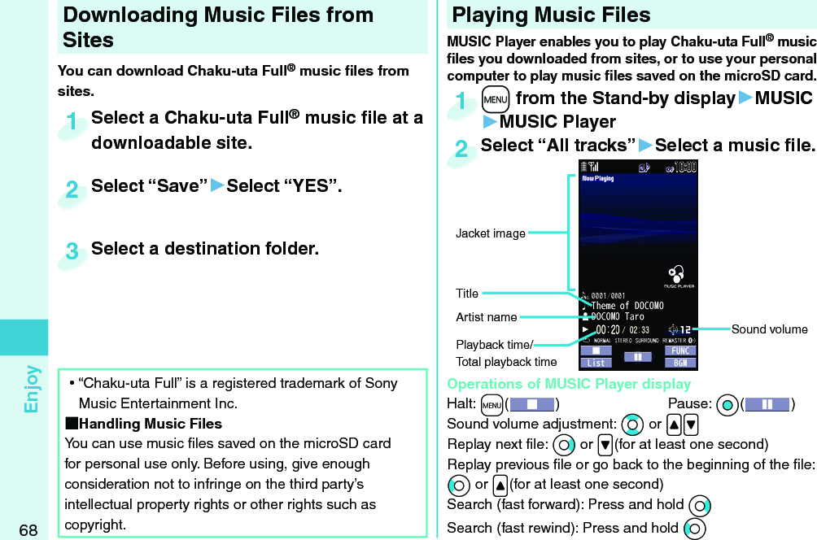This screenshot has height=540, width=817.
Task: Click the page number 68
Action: click(x=28, y=530)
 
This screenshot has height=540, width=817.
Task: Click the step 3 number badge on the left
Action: click(x=73, y=252)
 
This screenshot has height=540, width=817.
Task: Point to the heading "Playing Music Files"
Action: click(x=551, y=15)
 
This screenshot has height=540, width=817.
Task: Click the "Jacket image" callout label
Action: click(x=490, y=233)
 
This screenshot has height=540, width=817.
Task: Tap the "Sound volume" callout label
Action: click(x=769, y=329)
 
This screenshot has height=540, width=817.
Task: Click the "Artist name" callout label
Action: click(x=486, y=316)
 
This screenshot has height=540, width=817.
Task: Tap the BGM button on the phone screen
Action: click(x=680, y=362)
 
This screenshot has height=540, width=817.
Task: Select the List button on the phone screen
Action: click(x=596, y=362)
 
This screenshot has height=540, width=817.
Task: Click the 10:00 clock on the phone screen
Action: click(x=682, y=168)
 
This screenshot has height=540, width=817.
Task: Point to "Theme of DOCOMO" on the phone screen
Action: click(x=627, y=306)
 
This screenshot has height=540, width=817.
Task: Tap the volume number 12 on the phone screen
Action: click(x=685, y=329)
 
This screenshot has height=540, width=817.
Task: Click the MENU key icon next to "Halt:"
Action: click(x=492, y=404)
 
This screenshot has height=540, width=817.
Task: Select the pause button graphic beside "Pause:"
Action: click(x=767, y=404)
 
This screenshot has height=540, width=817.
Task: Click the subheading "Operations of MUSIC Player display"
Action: click(x=569, y=384)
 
